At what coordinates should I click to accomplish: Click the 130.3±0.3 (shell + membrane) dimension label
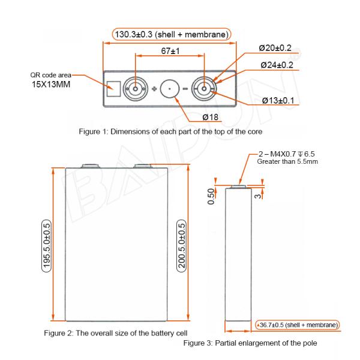click(x=172, y=35)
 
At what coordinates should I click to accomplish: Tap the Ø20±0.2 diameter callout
click(x=275, y=48)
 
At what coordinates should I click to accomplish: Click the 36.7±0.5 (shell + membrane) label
click(x=298, y=325)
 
